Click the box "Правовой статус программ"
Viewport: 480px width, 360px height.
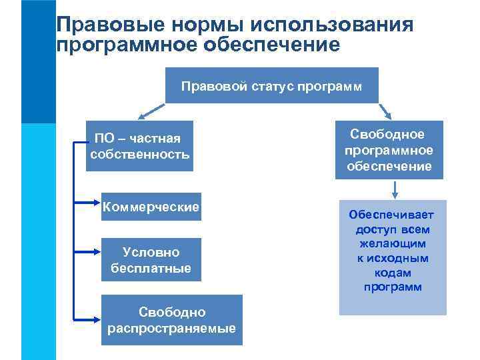coord(272,85)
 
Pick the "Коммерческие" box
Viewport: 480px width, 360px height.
coord(151,207)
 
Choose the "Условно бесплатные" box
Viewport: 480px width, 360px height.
coord(151,260)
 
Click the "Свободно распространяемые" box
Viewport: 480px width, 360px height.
coord(172,320)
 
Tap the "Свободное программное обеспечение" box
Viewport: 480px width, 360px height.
coord(389,150)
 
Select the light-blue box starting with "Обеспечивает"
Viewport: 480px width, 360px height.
coord(393,257)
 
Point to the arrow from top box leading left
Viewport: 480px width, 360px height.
coord(151,109)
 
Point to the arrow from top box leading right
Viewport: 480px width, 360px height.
coord(386,109)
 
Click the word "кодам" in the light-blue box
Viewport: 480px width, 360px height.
coord(393,273)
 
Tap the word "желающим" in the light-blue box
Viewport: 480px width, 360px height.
coord(393,243)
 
